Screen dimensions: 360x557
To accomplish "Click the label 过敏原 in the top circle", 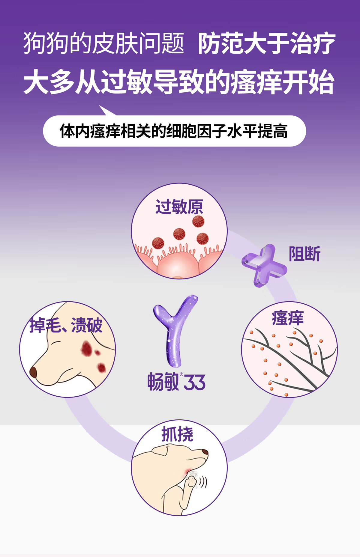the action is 179,207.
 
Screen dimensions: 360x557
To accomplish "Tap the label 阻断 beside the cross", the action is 304,254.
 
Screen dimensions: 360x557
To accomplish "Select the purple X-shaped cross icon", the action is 264,266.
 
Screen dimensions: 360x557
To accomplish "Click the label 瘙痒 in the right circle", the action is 287,318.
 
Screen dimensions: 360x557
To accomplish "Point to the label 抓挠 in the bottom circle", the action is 177,434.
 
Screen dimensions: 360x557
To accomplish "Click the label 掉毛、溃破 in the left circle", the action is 66,325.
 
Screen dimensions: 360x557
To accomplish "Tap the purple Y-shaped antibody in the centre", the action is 175,330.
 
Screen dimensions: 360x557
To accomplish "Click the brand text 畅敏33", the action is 176,382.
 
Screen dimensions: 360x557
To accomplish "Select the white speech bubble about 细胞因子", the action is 174,131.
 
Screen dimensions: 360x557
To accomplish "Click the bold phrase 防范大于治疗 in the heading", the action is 266,44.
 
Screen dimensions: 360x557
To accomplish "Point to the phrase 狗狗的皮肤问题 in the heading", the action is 104,44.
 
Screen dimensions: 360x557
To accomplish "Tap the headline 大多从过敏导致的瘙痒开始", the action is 179,82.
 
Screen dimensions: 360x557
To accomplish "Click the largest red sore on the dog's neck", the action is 86,348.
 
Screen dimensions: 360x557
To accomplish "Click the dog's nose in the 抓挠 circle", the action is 205,451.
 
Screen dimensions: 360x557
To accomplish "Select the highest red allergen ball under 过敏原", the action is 198,222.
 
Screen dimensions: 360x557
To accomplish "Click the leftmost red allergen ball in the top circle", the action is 158,243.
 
